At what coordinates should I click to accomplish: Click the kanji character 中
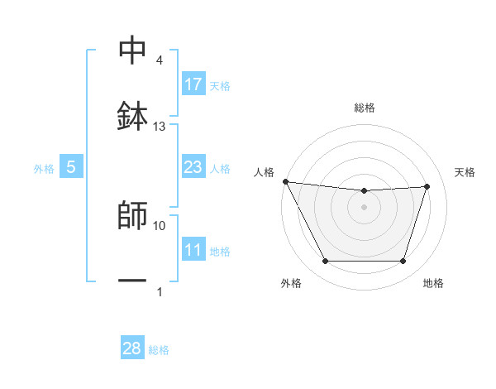point(132,50)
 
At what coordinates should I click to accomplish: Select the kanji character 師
point(132,215)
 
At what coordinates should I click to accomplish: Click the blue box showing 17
point(193,84)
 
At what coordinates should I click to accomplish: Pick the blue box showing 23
point(193,167)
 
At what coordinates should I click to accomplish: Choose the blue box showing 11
point(193,250)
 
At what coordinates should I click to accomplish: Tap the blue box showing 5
point(71,167)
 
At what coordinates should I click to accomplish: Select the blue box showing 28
point(132,348)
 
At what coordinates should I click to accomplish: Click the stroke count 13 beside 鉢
point(160,127)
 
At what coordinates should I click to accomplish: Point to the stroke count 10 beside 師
point(160,225)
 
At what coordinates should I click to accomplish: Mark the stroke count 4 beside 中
point(160,60)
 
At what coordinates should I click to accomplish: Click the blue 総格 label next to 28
point(159,350)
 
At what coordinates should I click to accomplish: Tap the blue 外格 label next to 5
point(44,168)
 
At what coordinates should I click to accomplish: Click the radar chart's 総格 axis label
point(364,108)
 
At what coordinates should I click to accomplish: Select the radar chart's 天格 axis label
point(465,172)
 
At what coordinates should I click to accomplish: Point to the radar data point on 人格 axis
point(285,181)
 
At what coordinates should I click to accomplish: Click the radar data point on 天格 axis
point(427,186)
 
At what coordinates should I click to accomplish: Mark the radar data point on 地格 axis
point(403,262)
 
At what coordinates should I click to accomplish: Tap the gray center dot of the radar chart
point(364,207)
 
